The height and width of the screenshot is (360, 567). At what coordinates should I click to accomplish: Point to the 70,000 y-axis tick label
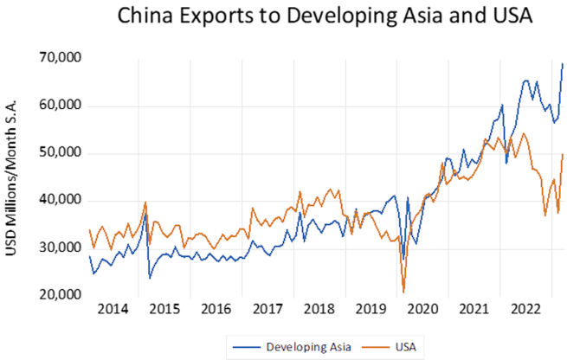click(57, 58)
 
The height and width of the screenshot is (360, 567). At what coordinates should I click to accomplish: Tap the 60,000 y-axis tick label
click(57, 106)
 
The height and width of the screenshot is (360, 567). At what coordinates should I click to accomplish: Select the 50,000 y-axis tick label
click(57, 153)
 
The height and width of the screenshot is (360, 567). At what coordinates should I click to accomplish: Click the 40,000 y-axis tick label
click(57, 201)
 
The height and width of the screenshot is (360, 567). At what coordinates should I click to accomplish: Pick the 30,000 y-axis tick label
click(57, 248)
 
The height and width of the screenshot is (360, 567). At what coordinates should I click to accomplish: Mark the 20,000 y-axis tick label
click(57, 296)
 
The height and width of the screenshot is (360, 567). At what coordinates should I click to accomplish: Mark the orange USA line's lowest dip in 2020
click(404, 292)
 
